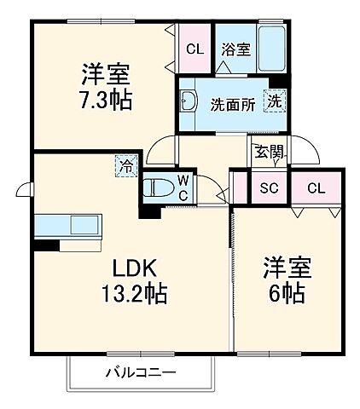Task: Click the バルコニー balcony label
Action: click(x=141, y=372)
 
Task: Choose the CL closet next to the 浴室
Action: click(x=195, y=49)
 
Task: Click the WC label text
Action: click(x=183, y=187)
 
